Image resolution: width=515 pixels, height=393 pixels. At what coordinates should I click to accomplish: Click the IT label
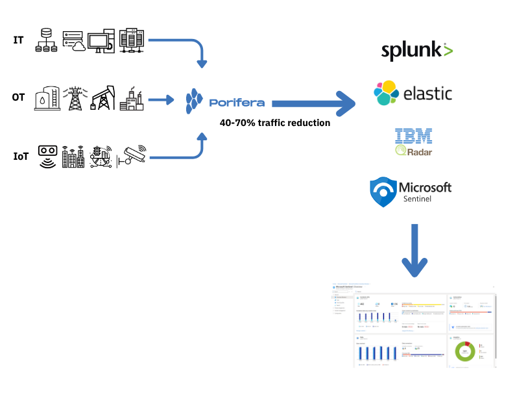click(19, 40)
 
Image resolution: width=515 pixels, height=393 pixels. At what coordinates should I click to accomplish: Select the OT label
click(19, 98)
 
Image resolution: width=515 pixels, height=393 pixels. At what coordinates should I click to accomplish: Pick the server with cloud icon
click(75, 40)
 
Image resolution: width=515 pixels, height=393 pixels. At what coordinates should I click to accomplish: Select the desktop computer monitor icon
click(102, 41)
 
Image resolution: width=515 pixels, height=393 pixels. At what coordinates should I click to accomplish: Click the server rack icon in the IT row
click(132, 40)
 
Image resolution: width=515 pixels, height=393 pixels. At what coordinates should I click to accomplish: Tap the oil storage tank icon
click(47, 99)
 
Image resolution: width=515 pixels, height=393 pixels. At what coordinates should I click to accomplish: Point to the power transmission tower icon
click(75, 98)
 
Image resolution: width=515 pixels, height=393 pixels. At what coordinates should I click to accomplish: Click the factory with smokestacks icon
click(132, 99)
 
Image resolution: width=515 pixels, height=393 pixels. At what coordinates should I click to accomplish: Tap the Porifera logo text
click(236, 103)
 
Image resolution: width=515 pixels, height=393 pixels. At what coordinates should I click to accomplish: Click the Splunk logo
click(417, 50)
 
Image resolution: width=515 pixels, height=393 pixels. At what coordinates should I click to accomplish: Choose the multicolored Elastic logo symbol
click(386, 93)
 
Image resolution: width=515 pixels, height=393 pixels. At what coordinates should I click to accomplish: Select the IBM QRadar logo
click(414, 142)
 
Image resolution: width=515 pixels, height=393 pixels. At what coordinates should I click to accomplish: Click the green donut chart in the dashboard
click(465, 353)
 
